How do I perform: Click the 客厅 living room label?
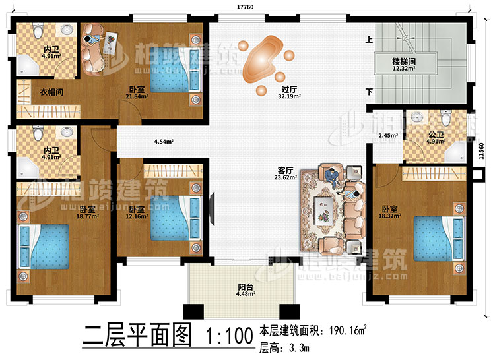point(286,169)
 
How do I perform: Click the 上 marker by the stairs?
point(369,40)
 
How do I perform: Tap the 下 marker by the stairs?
point(369,92)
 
